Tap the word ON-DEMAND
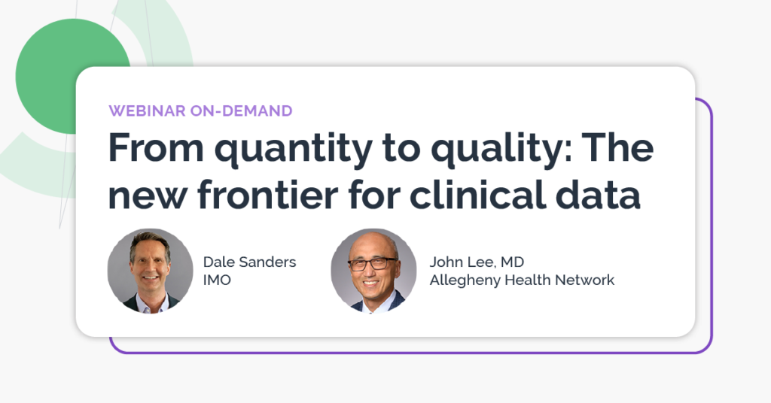tap(242, 111)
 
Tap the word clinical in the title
tap(477, 195)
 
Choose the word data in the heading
tap(598, 195)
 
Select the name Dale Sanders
tap(249, 262)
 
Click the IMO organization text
tap(217, 280)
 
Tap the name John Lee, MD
tap(477, 262)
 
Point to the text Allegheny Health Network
tap(522, 280)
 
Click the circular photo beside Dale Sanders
tap(151, 271)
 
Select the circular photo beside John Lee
tap(373, 271)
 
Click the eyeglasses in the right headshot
tap(372, 264)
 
